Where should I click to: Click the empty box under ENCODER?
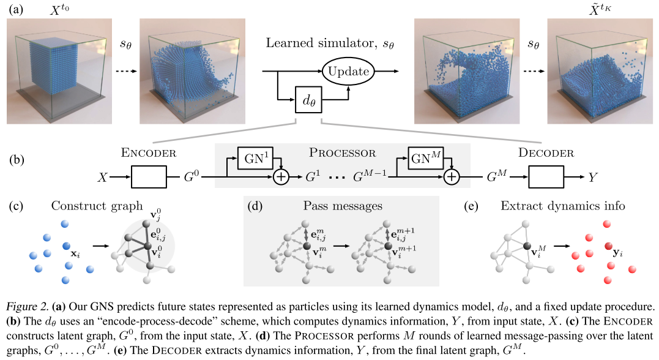pyautogui.click(x=149, y=176)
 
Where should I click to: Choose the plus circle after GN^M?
pyautogui.click(x=451, y=177)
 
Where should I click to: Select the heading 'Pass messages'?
pyautogui.click(x=338, y=206)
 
